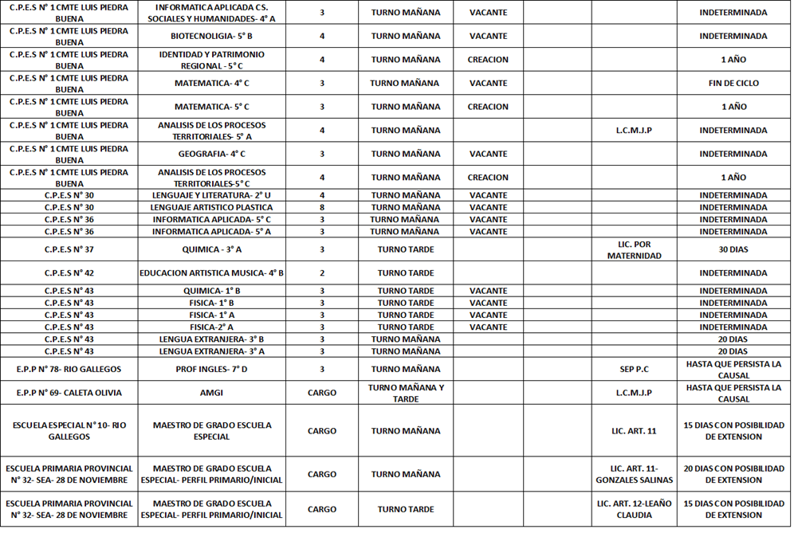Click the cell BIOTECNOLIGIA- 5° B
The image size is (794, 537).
point(211,36)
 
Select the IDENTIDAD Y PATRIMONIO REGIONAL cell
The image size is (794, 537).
point(211,60)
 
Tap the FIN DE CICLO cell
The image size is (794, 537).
point(733,83)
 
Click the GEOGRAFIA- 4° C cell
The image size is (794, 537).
point(211,154)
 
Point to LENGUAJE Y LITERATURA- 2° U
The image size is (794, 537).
point(211,195)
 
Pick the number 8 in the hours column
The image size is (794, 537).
point(321,207)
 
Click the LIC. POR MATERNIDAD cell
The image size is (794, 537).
point(634,249)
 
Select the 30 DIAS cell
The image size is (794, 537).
point(733,249)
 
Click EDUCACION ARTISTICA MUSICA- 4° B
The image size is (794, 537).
point(211,272)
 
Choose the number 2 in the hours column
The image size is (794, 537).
point(321,272)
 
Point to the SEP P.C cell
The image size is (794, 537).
point(634,369)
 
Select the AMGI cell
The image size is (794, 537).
point(211,393)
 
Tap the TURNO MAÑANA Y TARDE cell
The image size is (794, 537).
point(405,393)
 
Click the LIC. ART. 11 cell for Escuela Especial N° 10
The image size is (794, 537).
point(634,431)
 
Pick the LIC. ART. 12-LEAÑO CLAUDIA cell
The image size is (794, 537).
point(634,509)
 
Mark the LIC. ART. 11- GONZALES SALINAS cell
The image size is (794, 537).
point(634,474)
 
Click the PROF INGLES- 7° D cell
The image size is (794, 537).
point(211,369)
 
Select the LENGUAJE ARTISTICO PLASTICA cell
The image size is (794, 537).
point(211,207)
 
